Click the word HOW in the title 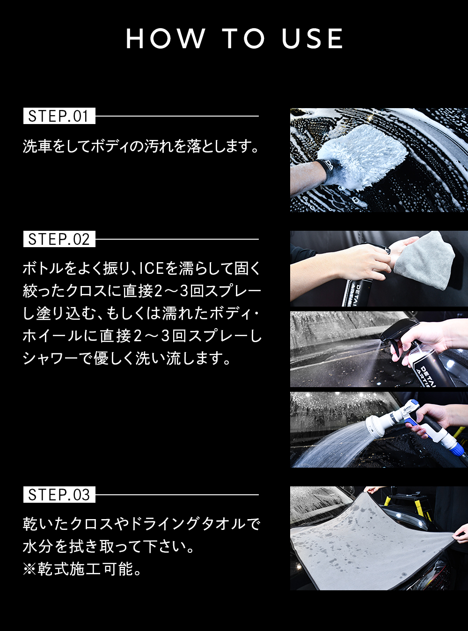click(166, 38)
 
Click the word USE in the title click(312, 38)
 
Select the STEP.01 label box click(59, 116)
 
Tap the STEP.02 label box click(59, 239)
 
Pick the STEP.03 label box click(59, 494)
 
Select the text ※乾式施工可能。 click(82, 569)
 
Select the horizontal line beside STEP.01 click(177, 116)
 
